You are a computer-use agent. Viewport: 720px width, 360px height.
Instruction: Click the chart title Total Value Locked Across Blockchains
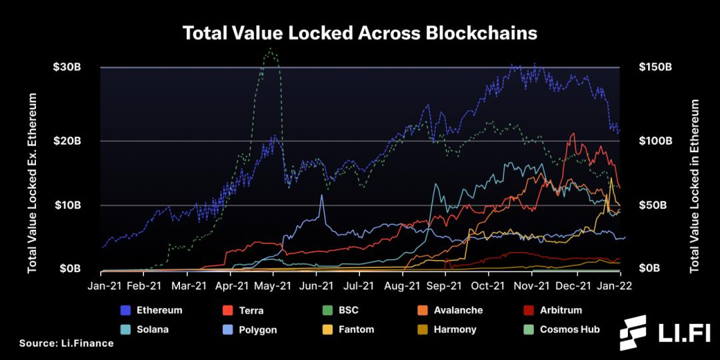click(x=360, y=33)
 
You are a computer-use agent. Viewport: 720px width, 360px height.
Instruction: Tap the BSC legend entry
click(x=348, y=310)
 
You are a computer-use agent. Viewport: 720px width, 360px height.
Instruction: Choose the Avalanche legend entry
click(x=457, y=310)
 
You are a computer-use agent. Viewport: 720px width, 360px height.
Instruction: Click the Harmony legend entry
click(x=455, y=329)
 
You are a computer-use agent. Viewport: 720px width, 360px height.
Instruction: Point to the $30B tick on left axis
click(x=67, y=67)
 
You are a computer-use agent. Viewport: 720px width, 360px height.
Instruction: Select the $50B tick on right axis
click(x=653, y=205)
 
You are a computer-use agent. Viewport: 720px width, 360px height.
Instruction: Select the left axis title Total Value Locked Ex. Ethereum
click(x=31, y=183)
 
